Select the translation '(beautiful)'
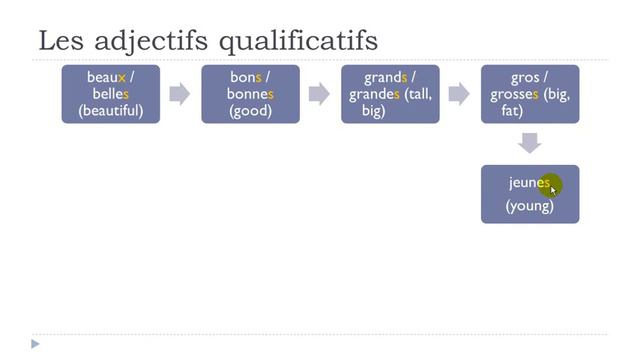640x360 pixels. pyautogui.click(x=111, y=110)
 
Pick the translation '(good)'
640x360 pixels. pyautogui.click(x=250, y=110)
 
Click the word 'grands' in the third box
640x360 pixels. pyautogui.click(x=384, y=77)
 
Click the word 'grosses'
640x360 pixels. pyautogui.click(x=514, y=94)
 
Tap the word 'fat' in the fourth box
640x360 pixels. pyautogui.click(x=512, y=110)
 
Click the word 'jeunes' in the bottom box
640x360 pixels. pyautogui.click(x=529, y=183)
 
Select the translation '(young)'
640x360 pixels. pyautogui.click(x=530, y=206)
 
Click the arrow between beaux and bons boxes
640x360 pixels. pyautogui.click(x=179, y=94)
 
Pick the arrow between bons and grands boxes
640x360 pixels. pyautogui.click(x=319, y=94)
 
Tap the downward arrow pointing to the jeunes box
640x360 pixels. pyautogui.click(x=530, y=143)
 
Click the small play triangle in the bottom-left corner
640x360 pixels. pyautogui.click(x=35, y=345)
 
